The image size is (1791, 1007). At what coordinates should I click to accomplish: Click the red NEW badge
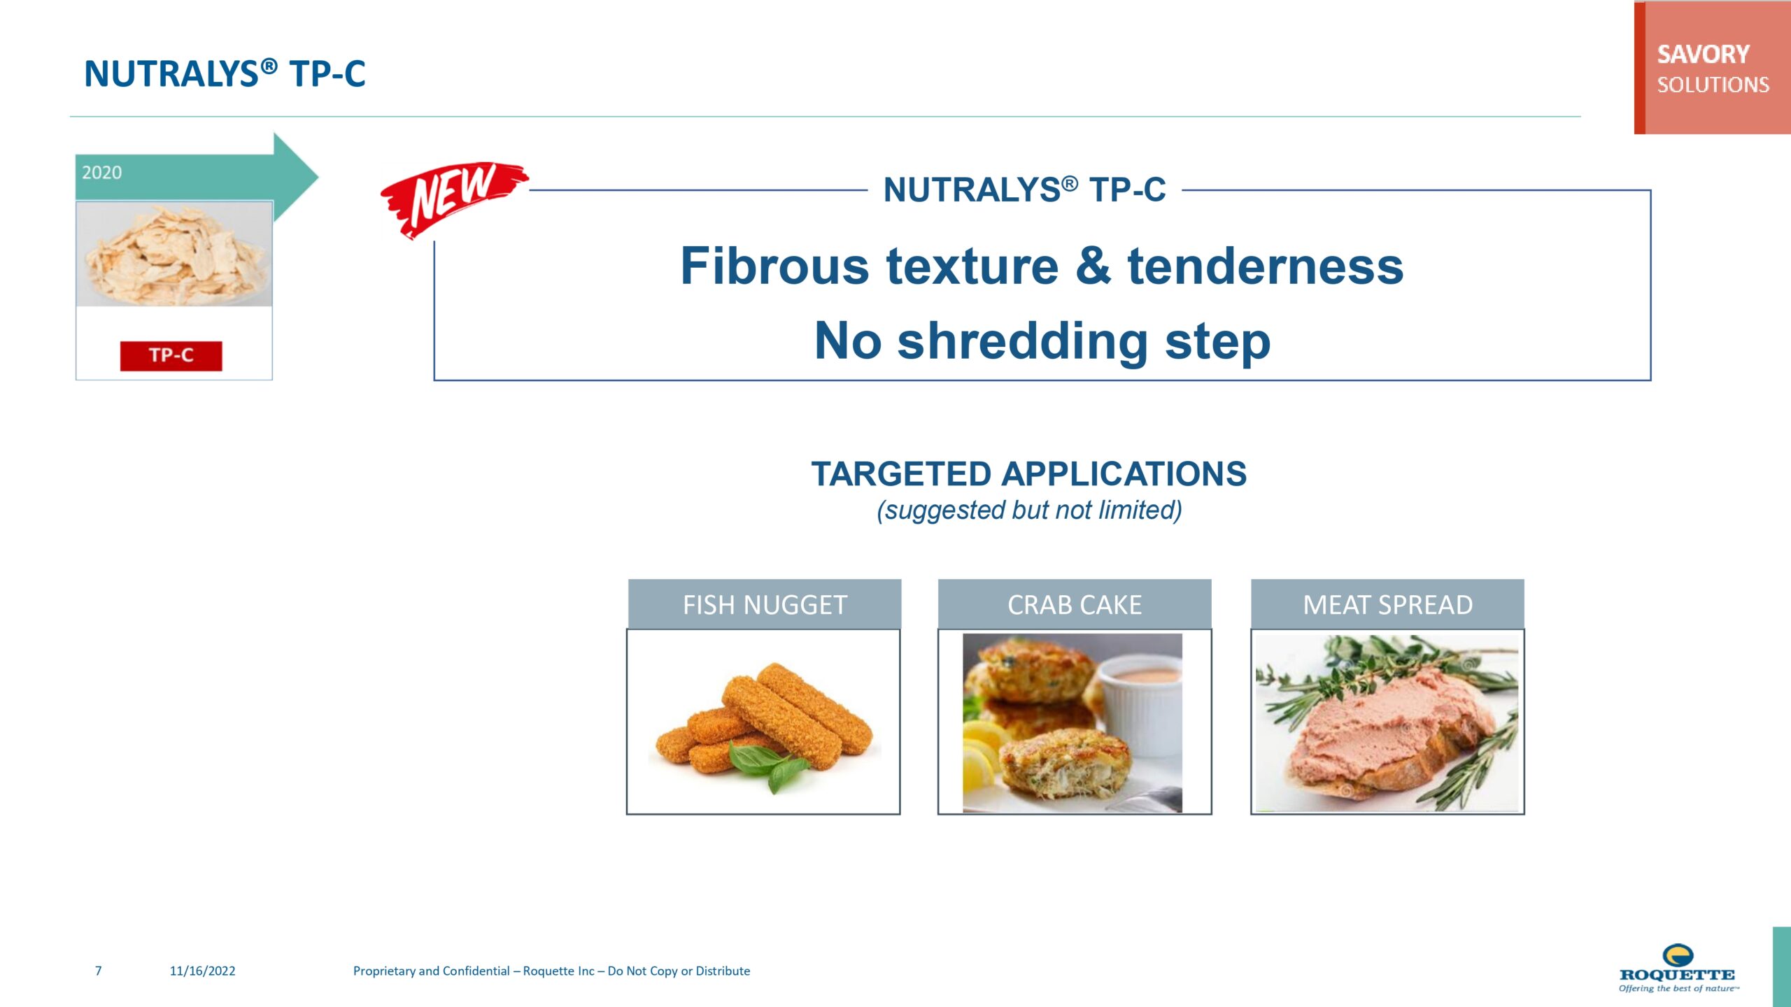click(x=453, y=199)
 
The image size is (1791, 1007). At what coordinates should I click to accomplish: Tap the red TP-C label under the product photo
click(x=171, y=356)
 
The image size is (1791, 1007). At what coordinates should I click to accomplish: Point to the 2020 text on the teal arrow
click(x=102, y=173)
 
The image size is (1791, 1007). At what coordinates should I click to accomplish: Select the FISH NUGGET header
click(x=765, y=604)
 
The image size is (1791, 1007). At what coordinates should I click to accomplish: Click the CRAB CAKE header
click(x=1075, y=604)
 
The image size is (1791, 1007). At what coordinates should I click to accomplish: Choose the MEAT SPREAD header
click(x=1387, y=604)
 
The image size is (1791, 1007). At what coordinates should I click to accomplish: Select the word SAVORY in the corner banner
click(x=1703, y=55)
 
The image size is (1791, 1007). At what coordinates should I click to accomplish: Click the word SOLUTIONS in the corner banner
click(x=1713, y=85)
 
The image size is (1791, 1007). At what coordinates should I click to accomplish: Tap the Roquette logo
click(x=1678, y=968)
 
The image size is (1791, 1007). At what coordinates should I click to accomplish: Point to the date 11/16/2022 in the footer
click(x=202, y=971)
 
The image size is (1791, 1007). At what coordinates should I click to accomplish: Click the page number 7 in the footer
click(x=99, y=971)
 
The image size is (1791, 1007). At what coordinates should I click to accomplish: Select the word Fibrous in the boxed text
click(x=774, y=266)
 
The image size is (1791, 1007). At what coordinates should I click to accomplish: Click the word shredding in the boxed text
click(x=1022, y=342)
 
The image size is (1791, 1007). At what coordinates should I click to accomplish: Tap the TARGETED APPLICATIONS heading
click(x=1028, y=473)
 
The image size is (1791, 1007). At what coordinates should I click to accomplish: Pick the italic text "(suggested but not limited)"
click(x=1029, y=510)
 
